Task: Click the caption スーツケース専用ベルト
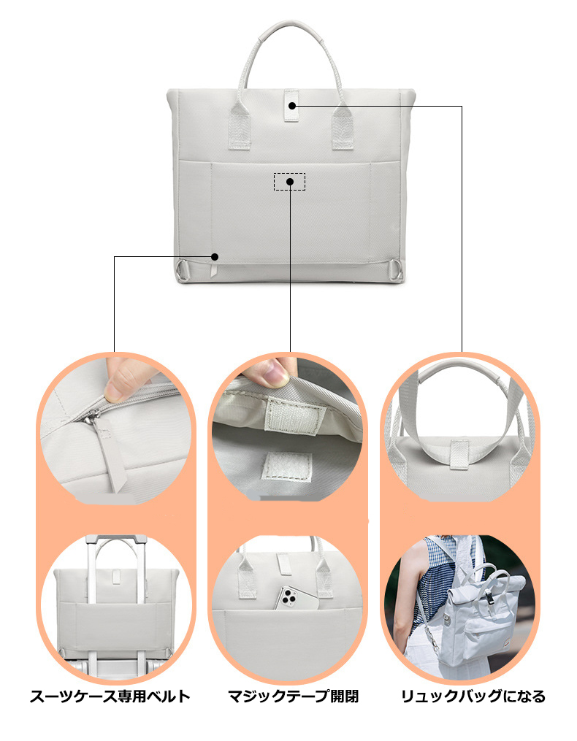point(110,696)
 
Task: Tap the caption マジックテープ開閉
point(293,696)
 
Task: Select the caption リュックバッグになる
point(473,696)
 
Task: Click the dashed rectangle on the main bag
point(289,182)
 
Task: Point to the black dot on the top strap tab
point(292,105)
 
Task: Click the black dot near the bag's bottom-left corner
point(215,256)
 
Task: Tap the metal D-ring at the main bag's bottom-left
point(183,270)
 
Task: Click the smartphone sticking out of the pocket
point(298,598)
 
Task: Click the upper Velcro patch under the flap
point(294,416)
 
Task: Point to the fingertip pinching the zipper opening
point(124,377)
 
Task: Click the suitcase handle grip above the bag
point(116,539)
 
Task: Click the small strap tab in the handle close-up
point(459,455)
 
